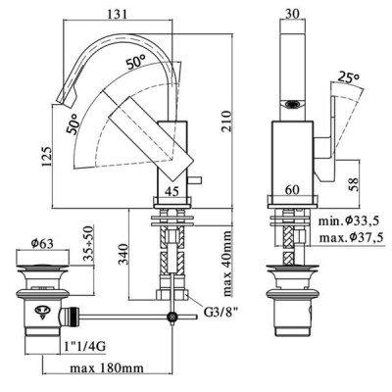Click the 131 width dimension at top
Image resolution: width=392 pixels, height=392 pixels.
117,14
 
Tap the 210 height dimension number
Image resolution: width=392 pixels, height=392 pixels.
226,122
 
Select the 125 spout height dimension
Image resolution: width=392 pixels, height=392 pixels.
46,156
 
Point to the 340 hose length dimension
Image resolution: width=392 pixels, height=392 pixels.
124,254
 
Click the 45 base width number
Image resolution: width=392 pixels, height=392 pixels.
171,191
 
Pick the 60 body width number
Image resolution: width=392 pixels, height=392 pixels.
292,190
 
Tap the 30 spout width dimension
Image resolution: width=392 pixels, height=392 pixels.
292,14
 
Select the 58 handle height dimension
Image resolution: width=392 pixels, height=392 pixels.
353,184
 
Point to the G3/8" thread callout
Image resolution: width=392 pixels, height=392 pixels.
220,313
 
